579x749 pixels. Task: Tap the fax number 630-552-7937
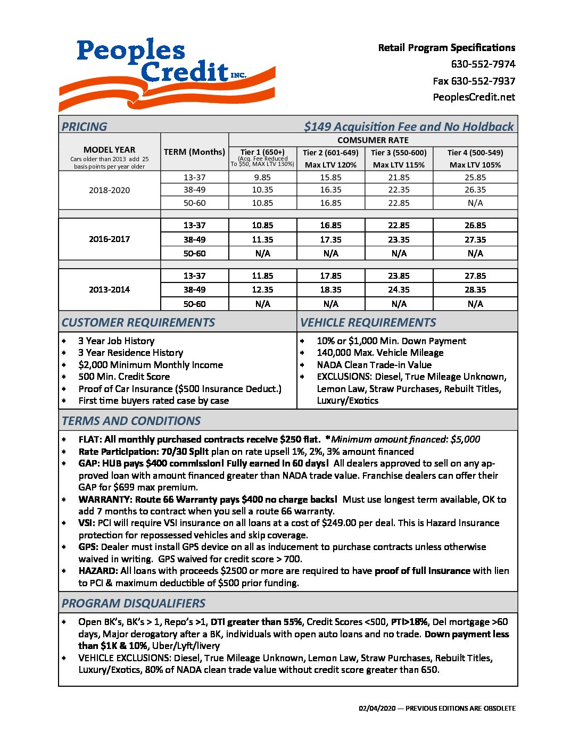(474, 81)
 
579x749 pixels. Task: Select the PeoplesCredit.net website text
(474, 97)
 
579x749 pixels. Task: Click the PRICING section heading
(84, 127)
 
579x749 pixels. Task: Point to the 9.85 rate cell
(262, 178)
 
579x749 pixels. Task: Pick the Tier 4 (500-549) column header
(475, 153)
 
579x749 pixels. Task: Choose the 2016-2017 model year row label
(109, 239)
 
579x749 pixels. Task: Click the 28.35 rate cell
(475, 290)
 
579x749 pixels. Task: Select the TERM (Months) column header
(194, 152)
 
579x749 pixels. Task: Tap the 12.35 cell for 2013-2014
(262, 290)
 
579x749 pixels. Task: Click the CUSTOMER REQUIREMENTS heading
(138, 322)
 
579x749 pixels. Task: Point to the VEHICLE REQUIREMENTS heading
(368, 322)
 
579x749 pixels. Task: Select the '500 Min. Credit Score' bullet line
(124, 377)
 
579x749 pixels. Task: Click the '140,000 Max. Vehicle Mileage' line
(380, 353)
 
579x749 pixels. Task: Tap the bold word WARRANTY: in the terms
(105, 500)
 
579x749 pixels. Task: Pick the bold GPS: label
(88, 547)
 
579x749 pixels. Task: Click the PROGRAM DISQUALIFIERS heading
(134, 603)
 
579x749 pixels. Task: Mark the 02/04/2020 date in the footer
(377, 709)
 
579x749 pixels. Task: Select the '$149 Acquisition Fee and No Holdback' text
(409, 127)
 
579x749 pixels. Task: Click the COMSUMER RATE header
(373, 140)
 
